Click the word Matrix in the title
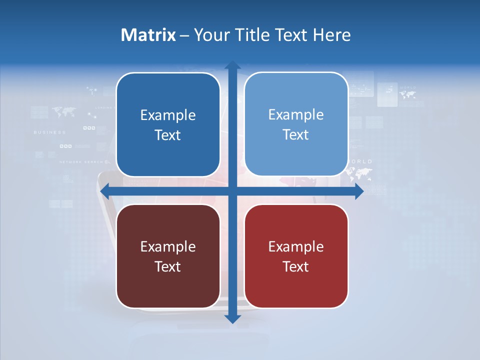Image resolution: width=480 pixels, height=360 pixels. tap(148, 35)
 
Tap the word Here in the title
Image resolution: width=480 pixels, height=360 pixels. tap(331, 35)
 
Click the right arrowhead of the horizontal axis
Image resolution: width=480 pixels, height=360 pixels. tap(359, 191)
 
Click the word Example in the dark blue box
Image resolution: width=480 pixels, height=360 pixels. tap(168, 115)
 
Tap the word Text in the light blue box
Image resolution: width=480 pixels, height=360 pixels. tap(296, 135)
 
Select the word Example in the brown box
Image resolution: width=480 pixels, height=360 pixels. tap(168, 246)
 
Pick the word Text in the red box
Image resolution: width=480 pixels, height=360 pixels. tap(296, 266)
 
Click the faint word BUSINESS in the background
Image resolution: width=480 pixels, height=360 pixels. tap(49, 132)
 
